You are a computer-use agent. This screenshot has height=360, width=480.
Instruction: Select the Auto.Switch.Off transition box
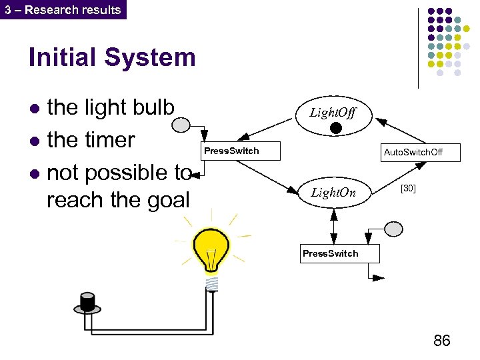(413, 153)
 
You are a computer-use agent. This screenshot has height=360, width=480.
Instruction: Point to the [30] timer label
(408, 189)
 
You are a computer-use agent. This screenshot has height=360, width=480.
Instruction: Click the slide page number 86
(441, 341)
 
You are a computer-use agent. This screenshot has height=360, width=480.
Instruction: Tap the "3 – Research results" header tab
(63, 9)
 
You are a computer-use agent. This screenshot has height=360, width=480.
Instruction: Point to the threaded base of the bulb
(212, 283)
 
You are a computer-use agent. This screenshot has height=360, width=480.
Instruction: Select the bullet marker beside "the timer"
(35, 141)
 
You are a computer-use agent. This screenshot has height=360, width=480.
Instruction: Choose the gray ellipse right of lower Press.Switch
(394, 229)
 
